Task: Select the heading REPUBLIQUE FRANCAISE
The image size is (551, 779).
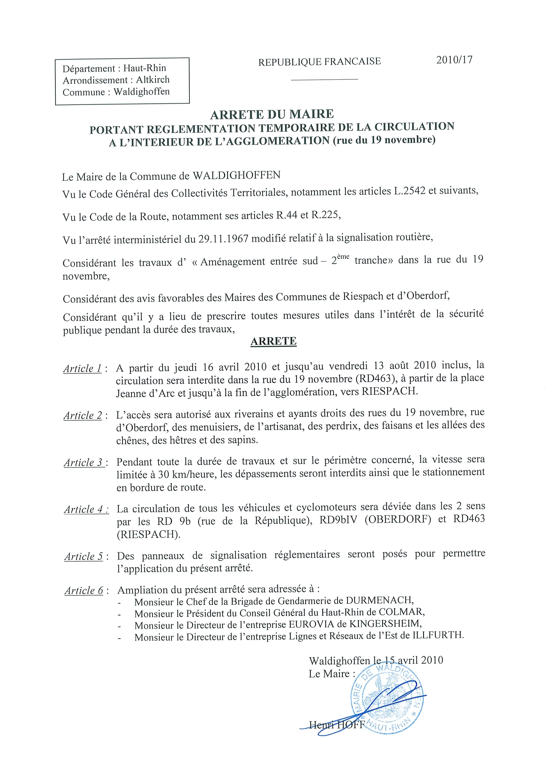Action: coord(319,62)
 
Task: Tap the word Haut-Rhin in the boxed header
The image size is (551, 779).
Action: coord(145,68)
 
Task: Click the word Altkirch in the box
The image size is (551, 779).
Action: coord(153,80)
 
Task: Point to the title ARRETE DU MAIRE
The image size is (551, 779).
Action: coord(272,114)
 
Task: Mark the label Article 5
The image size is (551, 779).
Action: coord(84,556)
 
